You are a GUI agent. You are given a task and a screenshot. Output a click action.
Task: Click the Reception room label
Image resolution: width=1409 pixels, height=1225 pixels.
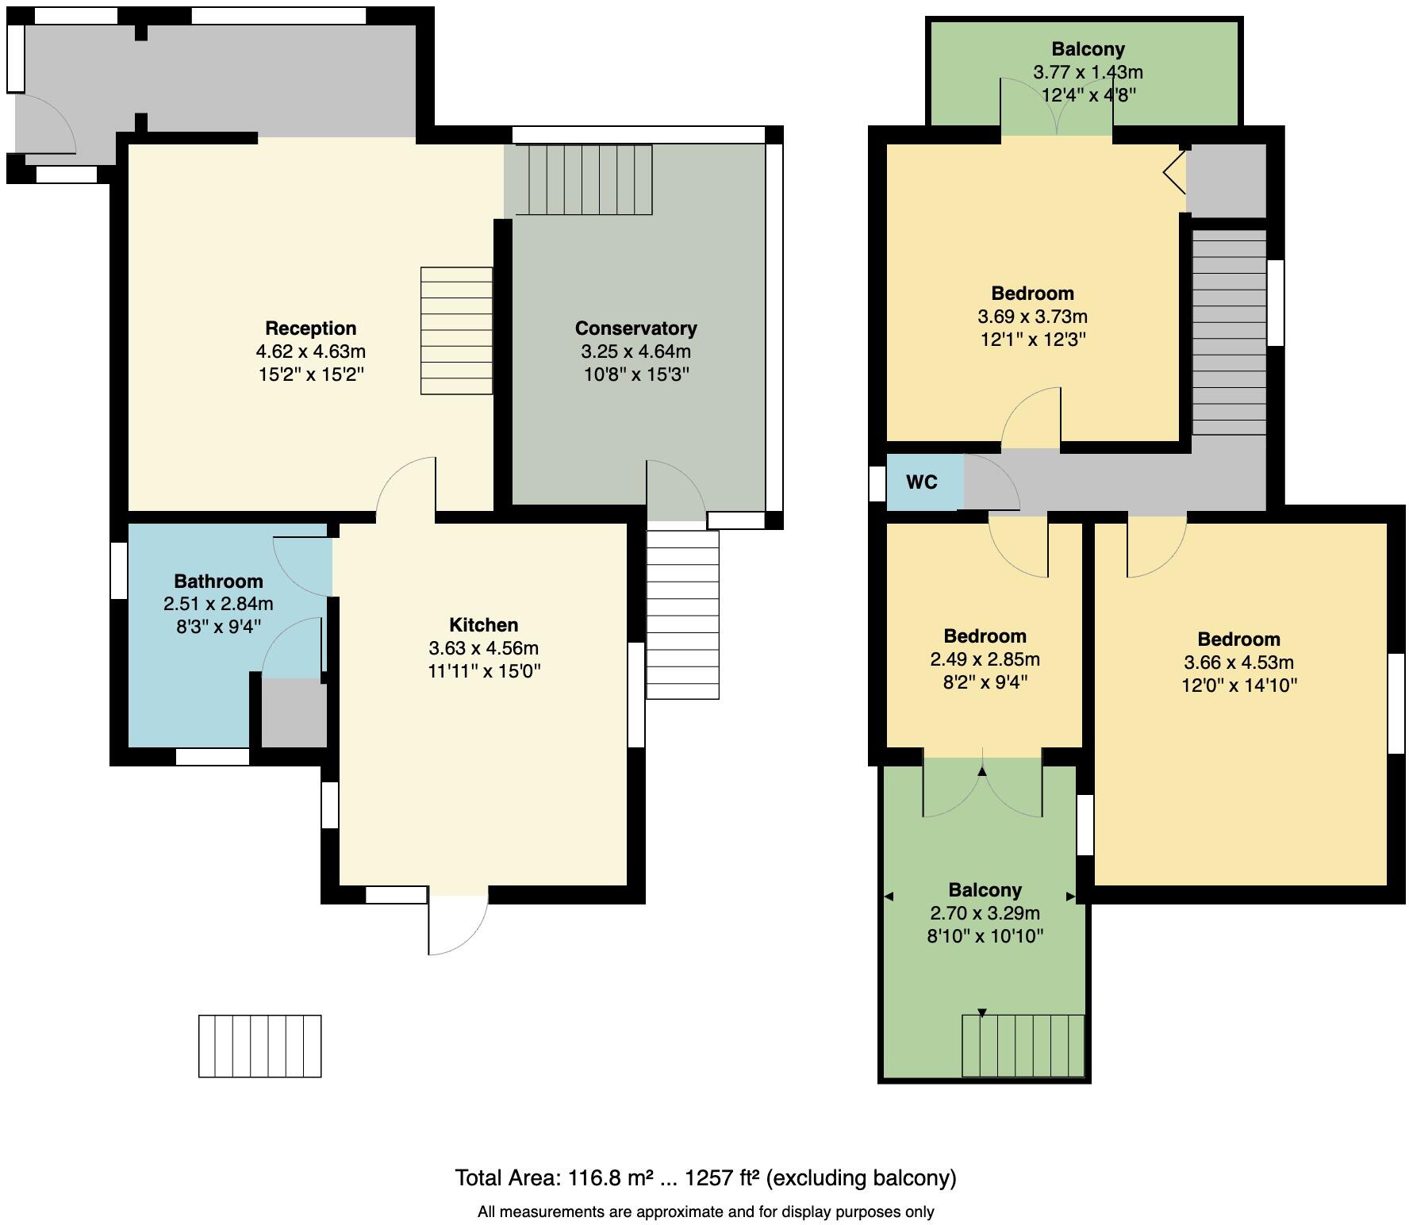coord(310,328)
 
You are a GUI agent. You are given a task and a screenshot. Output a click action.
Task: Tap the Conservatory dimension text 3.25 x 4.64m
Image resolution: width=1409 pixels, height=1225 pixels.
coord(635,351)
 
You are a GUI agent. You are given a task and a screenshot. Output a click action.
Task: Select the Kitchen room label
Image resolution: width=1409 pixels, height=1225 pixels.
coord(483,625)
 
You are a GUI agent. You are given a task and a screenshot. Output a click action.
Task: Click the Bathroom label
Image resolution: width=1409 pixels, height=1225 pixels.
coord(218,581)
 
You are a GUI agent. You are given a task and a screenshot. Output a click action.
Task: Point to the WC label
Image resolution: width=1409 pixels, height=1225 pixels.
coord(921,482)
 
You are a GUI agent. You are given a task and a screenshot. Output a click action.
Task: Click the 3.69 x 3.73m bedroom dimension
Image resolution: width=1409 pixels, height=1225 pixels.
coord(1032,317)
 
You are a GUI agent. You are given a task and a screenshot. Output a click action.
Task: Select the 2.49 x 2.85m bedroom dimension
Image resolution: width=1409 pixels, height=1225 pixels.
coord(985,659)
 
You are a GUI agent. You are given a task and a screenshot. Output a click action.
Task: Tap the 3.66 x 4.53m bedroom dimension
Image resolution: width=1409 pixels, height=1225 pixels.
coord(1238,662)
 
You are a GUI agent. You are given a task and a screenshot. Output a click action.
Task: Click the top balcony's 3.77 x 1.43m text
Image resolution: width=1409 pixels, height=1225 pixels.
coord(1088,72)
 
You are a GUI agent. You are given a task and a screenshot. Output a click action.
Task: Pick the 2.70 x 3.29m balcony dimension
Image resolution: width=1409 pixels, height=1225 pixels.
coord(985,913)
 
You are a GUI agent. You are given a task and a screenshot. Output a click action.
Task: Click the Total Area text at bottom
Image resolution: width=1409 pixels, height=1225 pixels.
coord(704,1177)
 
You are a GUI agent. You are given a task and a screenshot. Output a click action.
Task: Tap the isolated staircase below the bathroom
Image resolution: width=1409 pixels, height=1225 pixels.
coord(259,1046)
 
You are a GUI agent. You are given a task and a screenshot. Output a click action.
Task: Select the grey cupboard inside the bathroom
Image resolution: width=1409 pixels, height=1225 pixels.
coord(294,712)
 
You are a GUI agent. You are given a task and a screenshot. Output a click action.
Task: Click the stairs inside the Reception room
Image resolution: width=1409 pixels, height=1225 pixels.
coord(456,330)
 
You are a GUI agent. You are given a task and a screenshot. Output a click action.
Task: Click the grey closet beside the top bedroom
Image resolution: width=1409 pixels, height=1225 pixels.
coord(1225,180)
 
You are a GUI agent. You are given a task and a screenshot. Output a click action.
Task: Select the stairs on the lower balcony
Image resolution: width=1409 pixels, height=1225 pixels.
coord(1023,1045)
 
